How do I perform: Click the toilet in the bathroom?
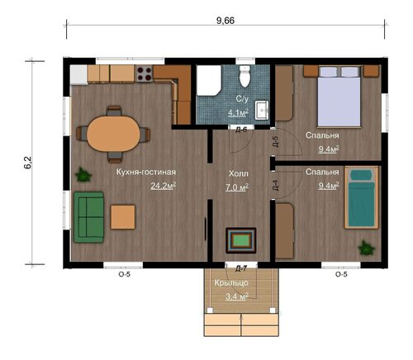point(244,76)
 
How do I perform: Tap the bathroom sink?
point(262,110)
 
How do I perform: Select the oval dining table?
point(113,134)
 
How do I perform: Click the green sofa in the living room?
point(88,217)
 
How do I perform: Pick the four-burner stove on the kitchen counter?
point(144,73)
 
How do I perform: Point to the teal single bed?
point(361,197)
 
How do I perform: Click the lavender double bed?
point(339,97)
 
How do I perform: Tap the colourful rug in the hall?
point(241,240)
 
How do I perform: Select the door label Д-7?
point(241,269)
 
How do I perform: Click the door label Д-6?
point(241,130)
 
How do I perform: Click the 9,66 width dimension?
point(225,21)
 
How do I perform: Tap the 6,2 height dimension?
point(28,163)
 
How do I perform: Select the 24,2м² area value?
point(164,186)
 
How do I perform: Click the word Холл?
point(239,173)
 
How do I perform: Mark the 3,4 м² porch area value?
point(237,296)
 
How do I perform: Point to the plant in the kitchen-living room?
point(83,175)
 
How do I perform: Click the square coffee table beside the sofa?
point(123,217)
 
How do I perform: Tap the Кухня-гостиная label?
point(146,172)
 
